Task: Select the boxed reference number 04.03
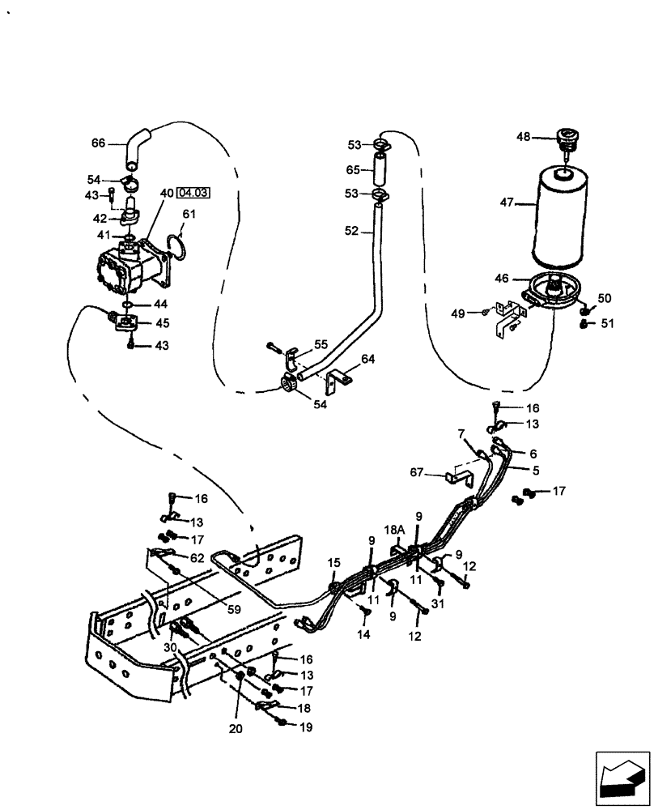pyautogui.click(x=193, y=193)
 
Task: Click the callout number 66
pyautogui.click(x=98, y=143)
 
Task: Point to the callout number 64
pyautogui.click(x=367, y=359)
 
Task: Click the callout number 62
pyautogui.click(x=196, y=557)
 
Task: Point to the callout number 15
pyautogui.click(x=334, y=562)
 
